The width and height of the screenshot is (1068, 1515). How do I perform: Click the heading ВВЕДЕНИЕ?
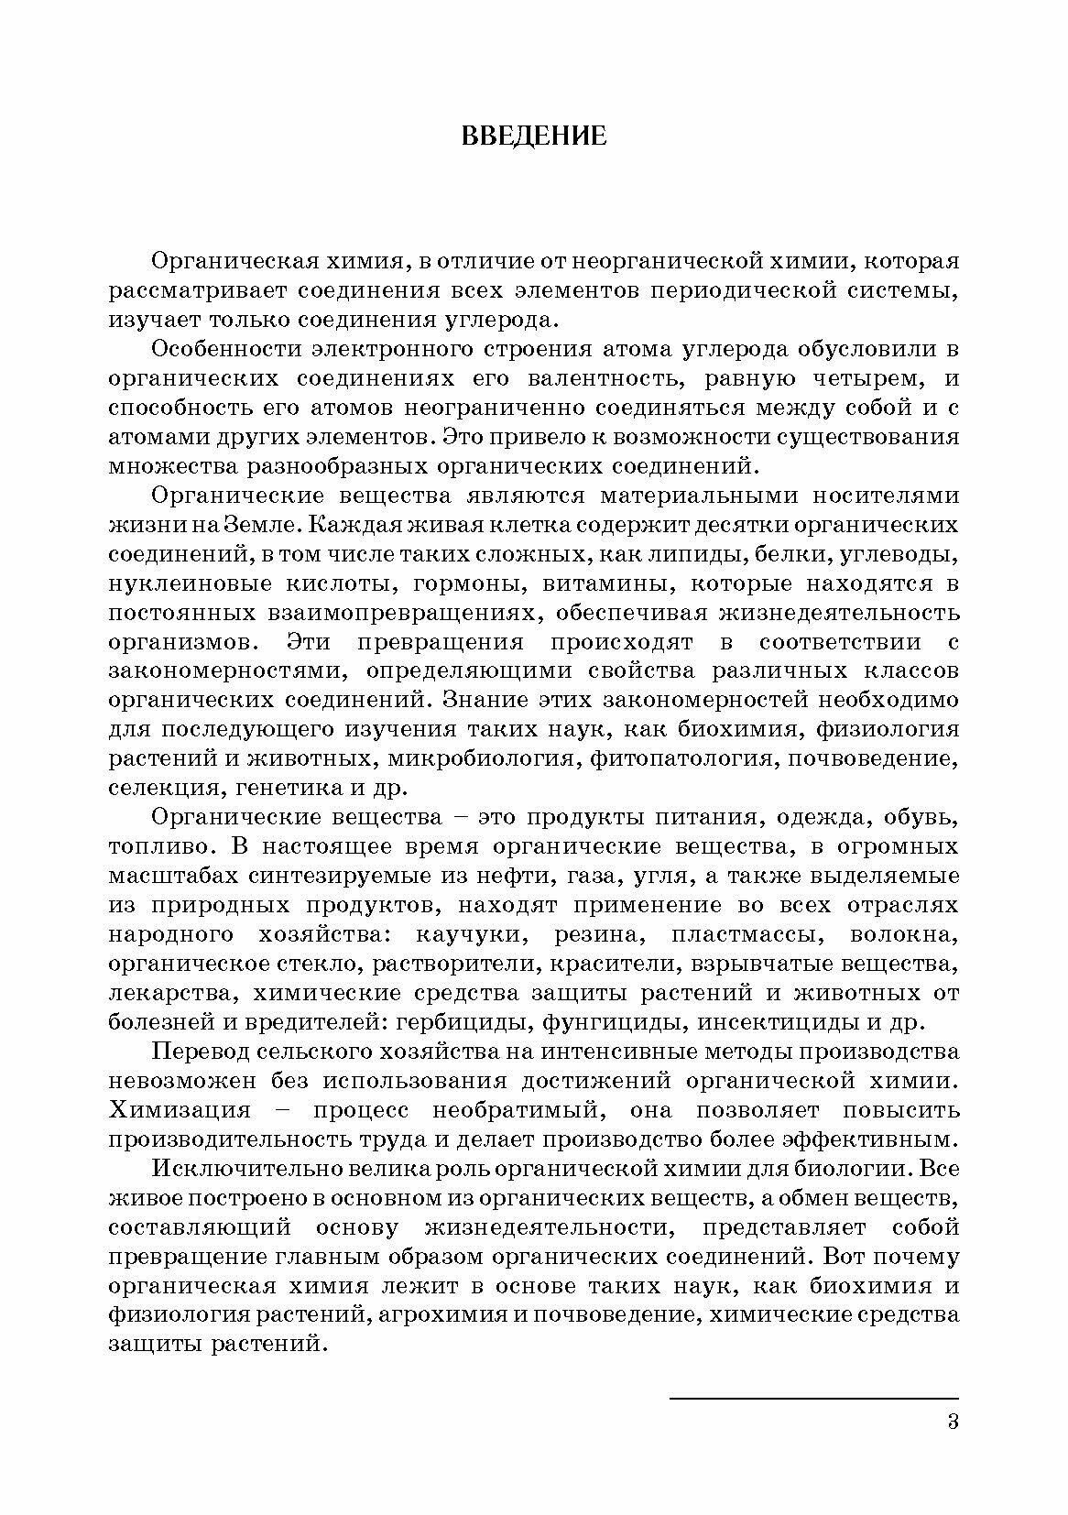click(533, 136)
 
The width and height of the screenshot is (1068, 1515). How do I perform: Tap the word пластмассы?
click(746, 935)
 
